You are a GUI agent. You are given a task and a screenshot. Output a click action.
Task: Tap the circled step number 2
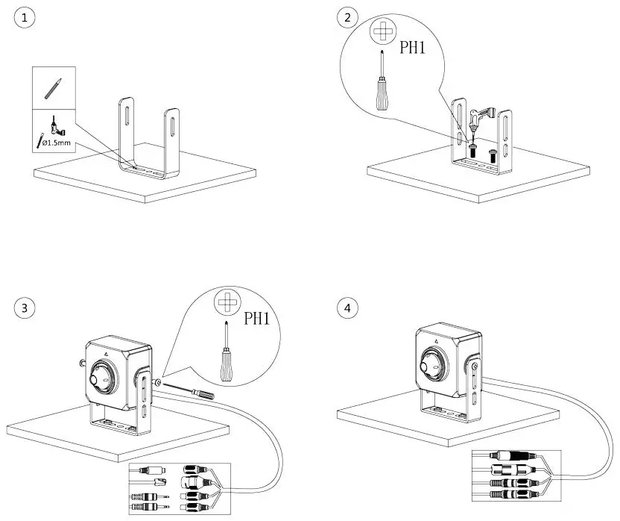pyautogui.click(x=346, y=17)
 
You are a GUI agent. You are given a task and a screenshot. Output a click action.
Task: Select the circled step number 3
pyautogui.click(x=25, y=307)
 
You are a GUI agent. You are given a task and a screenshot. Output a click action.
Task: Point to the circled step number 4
pyautogui.click(x=346, y=307)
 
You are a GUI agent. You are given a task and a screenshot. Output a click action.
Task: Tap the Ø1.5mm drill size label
pyautogui.click(x=57, y=142)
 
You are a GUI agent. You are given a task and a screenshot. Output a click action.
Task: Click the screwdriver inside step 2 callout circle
pyautogui.click(x=382, y=82)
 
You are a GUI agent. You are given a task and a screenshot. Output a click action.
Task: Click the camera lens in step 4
pyautogui.click(x=431, y=364)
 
